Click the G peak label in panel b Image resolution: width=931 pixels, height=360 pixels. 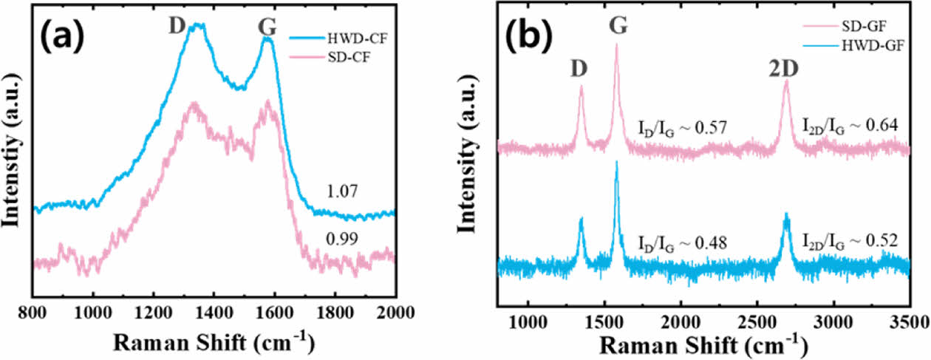click(618, 27)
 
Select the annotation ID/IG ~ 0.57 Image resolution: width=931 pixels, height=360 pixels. click(683, 127)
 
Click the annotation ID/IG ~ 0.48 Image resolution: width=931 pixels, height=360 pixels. click(683, 242)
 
